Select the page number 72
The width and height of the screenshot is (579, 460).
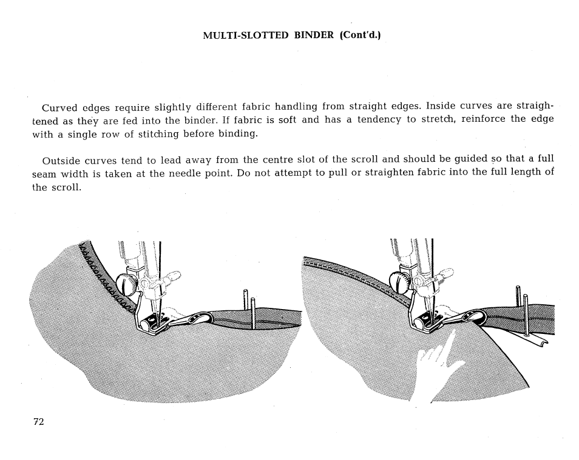pyautogui.click(x=39, y=422)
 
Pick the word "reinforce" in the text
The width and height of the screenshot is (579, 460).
pyautogui.click(x=484, y=119)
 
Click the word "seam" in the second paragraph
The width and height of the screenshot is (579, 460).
pyautogui.click(x=44, y=173)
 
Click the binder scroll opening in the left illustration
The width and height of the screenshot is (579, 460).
pyautogui.click(x=200, y=318)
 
